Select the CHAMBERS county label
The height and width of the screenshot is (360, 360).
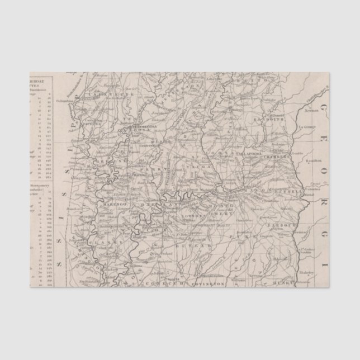(x=273, y=157)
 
